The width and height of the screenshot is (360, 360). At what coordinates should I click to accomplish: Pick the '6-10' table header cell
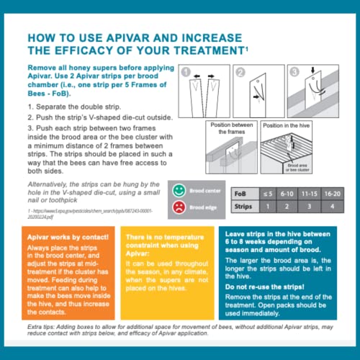(x=286, y=194)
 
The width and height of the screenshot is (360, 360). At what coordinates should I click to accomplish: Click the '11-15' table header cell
(x=307, y=194)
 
